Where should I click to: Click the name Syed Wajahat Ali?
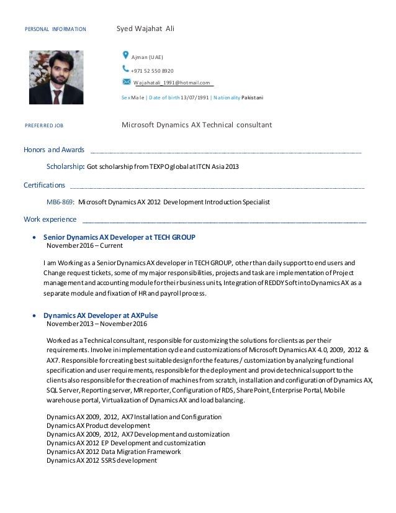145,29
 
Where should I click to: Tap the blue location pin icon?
126,55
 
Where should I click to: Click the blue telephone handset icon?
126,69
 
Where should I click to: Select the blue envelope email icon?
127,81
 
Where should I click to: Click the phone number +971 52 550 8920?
152,70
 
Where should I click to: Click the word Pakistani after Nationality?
252,98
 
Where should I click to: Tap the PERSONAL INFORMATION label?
55,29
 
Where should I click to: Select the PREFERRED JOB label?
43,125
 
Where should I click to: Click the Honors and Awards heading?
54,150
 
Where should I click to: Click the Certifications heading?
44,184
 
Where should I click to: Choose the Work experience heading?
50,219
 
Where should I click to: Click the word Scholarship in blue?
65,166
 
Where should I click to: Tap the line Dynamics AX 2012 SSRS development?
102,460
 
